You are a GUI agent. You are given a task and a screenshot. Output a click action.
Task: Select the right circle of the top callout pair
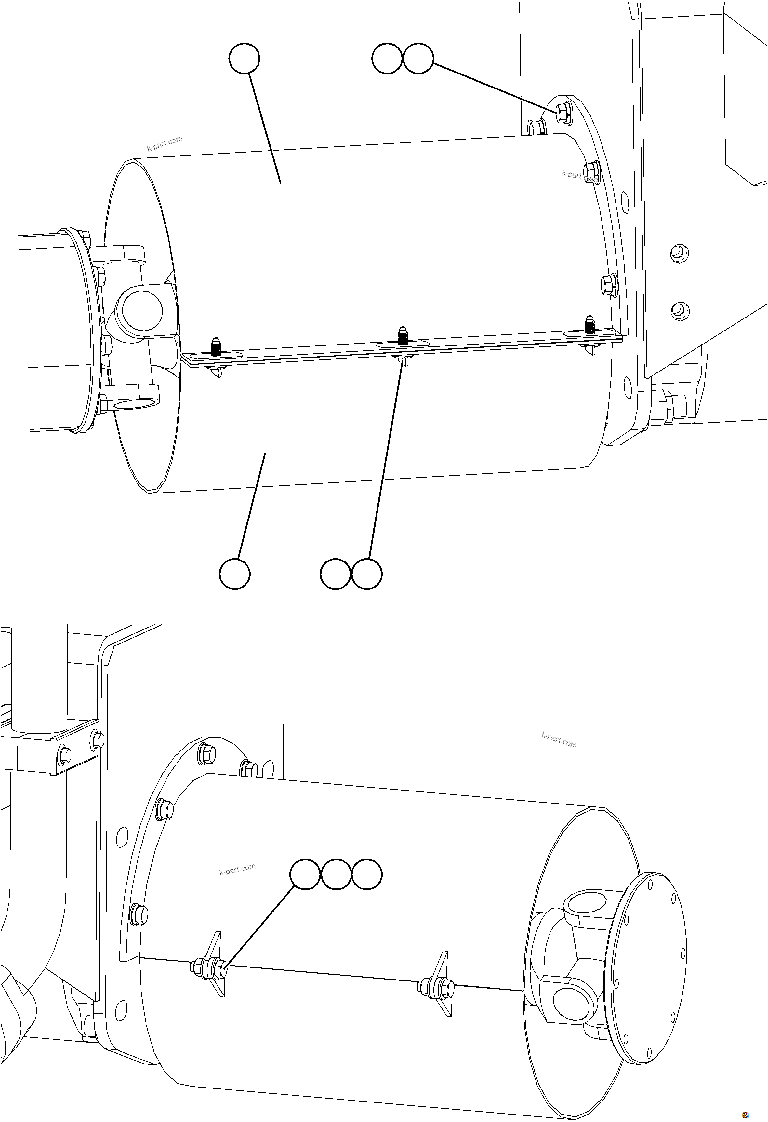(418, 59)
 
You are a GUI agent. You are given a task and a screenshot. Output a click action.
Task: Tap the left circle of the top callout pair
(387, 59)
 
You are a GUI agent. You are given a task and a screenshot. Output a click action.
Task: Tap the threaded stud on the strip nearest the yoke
(216, 347)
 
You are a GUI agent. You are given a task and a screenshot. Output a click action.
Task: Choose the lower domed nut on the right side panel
(679, 310)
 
